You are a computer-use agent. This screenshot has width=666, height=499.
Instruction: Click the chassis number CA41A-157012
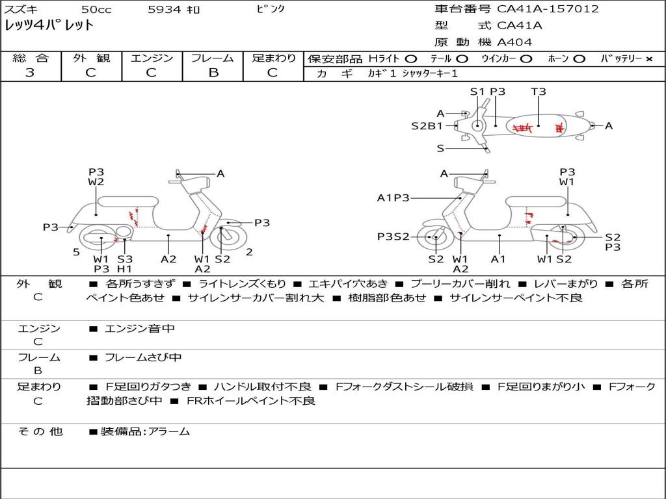[548, 9]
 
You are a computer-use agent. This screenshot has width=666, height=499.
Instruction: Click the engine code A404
[514, 42]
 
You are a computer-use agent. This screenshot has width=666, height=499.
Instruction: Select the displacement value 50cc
[96, 9]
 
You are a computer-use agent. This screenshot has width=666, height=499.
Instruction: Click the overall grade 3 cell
[30, 72]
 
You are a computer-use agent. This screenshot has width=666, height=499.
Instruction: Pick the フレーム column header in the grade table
[213, 58]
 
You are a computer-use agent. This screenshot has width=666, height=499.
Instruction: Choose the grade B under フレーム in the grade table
[213, 72]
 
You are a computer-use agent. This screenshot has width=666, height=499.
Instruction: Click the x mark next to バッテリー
[648, 58]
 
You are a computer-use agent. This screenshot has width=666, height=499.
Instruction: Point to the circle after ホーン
[579, 58]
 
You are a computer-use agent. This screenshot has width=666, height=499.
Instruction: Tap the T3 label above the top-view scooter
[539, 92]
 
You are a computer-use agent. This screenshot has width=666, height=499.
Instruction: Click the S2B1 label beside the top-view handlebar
[427, 126]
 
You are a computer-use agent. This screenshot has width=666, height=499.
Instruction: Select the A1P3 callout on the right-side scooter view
[393, 198]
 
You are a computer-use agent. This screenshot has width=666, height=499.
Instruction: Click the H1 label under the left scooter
[124, 268]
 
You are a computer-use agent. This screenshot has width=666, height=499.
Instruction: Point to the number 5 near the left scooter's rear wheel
[76, 252]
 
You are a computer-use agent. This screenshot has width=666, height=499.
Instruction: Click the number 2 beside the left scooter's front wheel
[249, 252]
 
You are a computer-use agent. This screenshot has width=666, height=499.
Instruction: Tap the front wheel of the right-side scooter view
[434, 238]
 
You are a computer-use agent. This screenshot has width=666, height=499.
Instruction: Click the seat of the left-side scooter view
[127, 201]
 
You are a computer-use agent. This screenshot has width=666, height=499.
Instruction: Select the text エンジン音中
[140, 329]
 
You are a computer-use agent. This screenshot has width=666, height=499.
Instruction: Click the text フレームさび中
[143, 357]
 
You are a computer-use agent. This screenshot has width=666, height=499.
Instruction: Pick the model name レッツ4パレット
[49, 26]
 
